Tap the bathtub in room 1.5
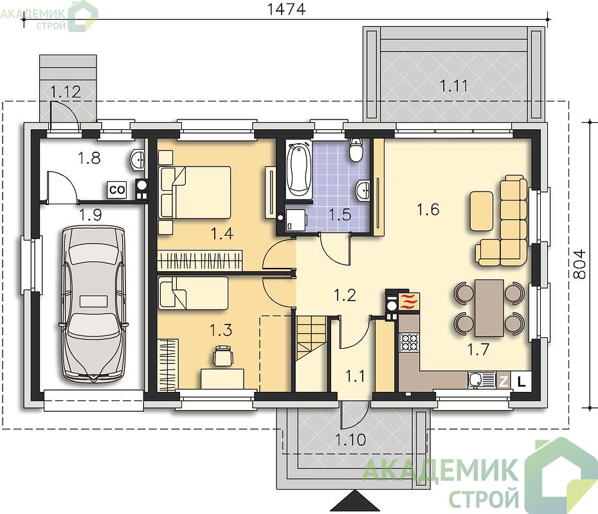click(299, 169)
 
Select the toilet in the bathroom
click(356, 150)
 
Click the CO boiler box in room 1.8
click(116, 190)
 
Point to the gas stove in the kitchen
click(409, 342)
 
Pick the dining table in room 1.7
click(489, 308)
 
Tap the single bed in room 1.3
click(194, 292)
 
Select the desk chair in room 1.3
click(222, 355)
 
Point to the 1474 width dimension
click(286, 9)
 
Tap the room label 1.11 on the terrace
click(454, 85)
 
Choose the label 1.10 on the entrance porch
click(350, 439)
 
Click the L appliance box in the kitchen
click(521, 380)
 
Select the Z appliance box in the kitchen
click(503, 380)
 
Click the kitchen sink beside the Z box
click(482, 380)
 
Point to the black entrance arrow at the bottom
click(356, 501)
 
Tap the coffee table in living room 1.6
click(482, 211)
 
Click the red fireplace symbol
click(409, 301)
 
